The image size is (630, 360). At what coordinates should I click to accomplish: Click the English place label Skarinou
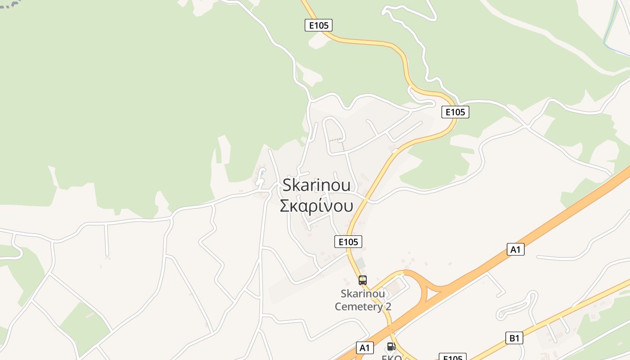(316, 186)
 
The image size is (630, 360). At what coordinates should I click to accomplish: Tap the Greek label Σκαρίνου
(316, 206)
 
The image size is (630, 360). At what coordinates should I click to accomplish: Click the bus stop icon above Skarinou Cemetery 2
(363, 280)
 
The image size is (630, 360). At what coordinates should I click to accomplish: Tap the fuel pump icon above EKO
(391, 346)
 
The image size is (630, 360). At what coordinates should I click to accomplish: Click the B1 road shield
(514, 338)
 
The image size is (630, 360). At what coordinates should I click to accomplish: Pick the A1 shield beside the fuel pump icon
(365, 347)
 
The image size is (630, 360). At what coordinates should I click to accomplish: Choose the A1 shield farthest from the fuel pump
(516, 249)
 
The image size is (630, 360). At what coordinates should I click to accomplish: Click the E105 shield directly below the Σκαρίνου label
(348, 242)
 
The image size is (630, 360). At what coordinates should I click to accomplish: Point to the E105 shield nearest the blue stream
(455, 112)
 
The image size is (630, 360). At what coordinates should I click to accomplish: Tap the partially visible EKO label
(391, 357)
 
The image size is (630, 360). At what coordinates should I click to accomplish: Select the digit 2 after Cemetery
(388, 307)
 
